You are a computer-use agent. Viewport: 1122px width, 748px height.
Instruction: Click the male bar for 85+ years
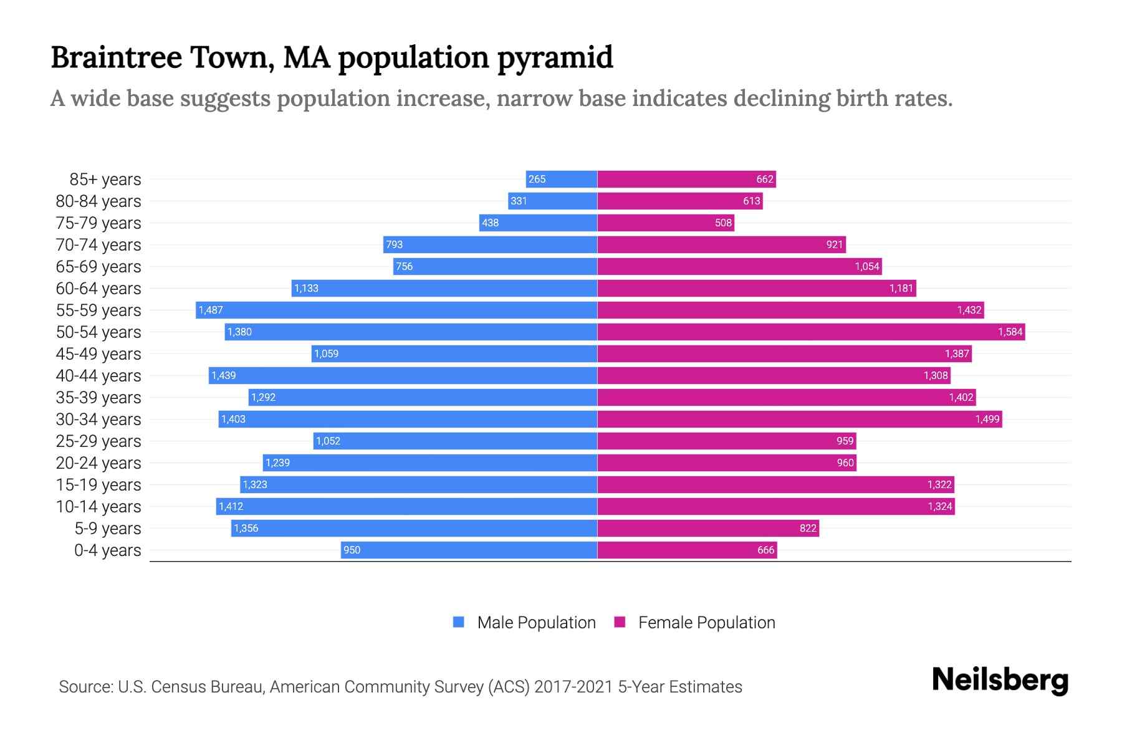562,180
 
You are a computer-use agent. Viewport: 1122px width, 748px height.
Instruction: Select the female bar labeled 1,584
810,332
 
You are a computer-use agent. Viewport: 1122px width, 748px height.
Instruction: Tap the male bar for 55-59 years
396,310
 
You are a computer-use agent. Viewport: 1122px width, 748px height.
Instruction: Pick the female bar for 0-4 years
687,550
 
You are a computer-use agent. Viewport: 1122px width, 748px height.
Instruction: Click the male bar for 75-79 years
538,223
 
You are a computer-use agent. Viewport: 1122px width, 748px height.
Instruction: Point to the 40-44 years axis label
98,376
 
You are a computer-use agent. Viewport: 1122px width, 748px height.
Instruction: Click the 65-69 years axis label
98,267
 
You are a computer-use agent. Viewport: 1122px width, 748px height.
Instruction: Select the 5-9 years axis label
107,529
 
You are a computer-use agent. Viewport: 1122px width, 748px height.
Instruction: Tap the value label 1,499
987,420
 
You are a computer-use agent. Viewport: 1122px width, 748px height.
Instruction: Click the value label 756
404,267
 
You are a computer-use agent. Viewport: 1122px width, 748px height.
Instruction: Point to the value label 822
808,529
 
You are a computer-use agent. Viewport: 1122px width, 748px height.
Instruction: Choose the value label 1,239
277,463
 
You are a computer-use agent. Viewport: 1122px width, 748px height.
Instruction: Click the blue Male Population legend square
459,622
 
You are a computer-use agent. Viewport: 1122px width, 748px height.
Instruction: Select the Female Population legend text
706,623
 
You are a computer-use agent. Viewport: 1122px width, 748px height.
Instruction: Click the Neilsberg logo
1000,680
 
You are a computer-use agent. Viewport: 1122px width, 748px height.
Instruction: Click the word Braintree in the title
117,57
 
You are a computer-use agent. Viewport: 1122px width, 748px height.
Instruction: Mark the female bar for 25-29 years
726,441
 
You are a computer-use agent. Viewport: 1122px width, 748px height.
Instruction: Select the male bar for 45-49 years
454,354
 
